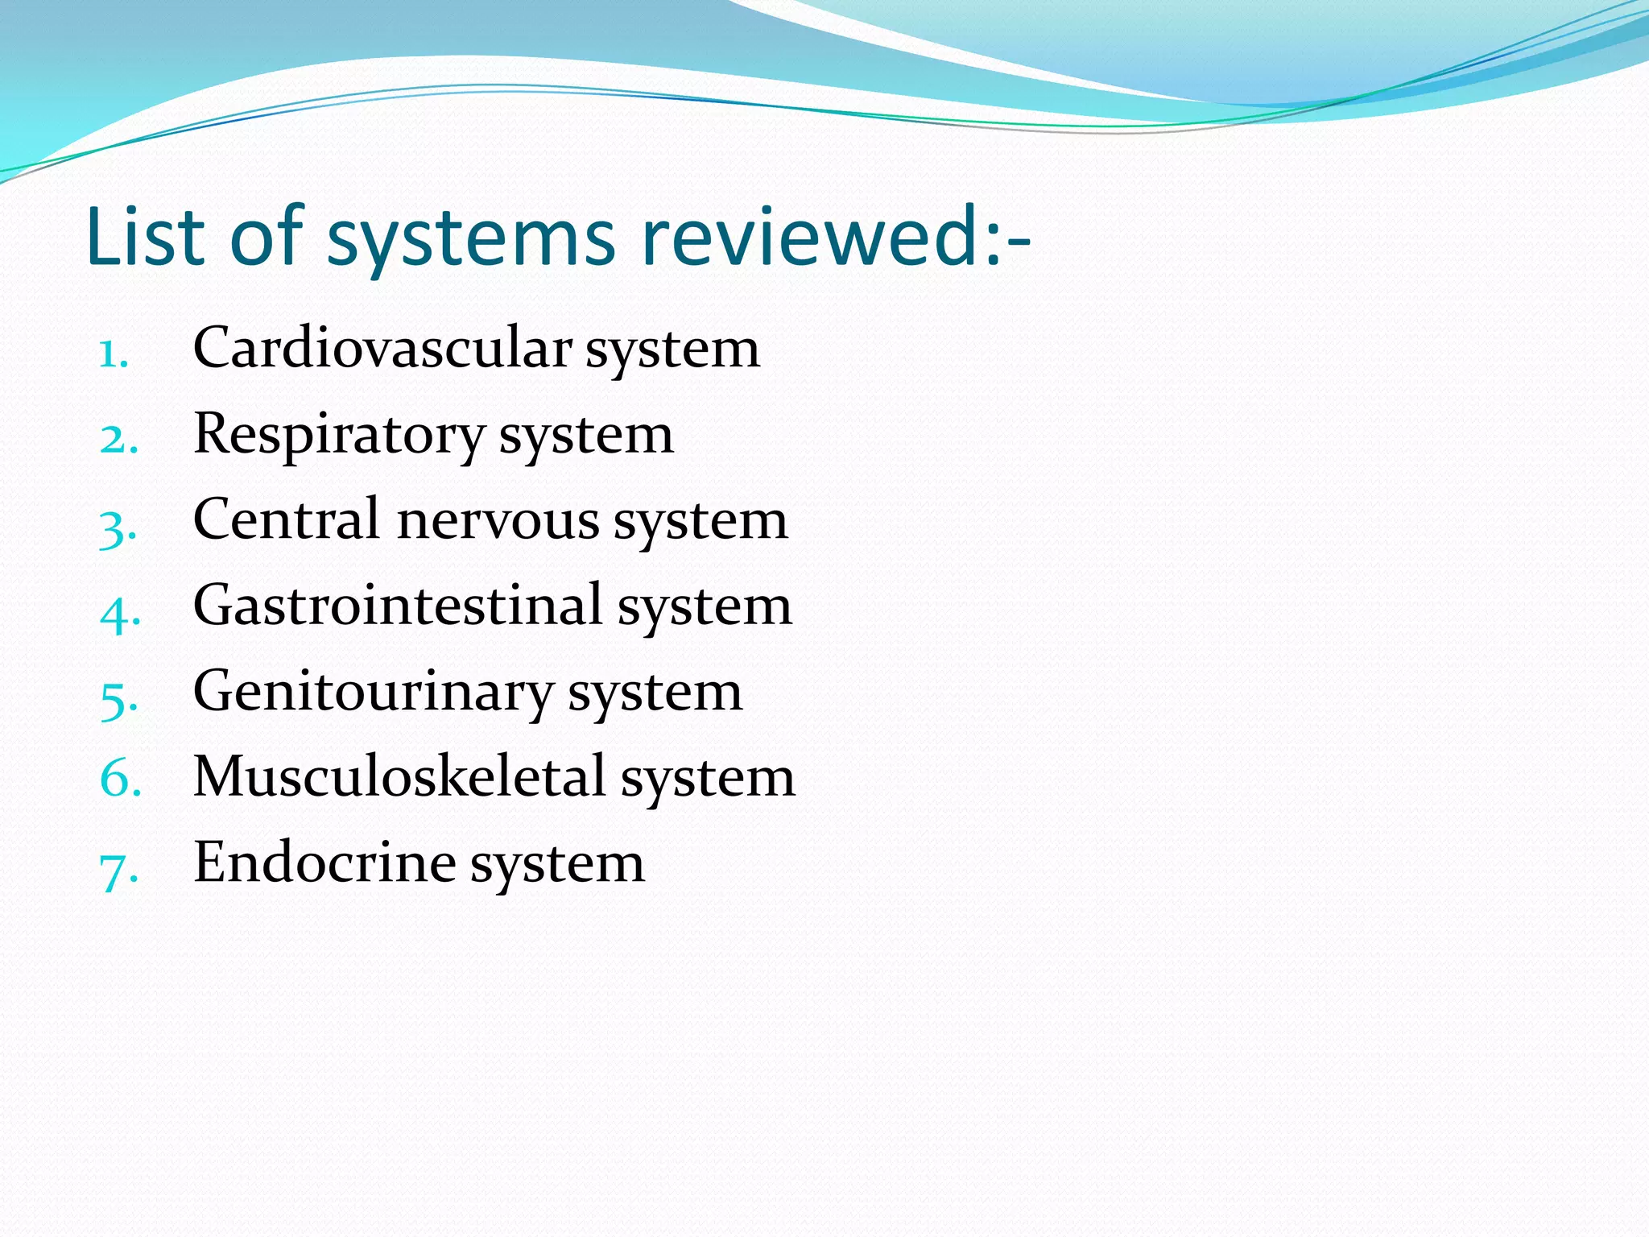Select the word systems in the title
point(470,238)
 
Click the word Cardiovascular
point(382,348)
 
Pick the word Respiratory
point(339,436)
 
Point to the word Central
point(286,519)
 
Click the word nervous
point(498,521)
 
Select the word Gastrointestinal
point(398,606)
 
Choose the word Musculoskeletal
point(399,777)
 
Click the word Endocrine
point(324,863)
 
